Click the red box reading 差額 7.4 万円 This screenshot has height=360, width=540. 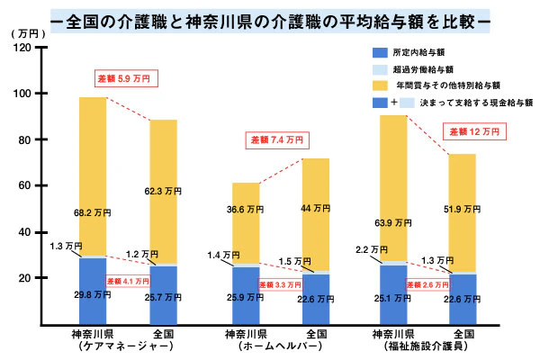[277, 140]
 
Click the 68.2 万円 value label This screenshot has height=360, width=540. [93, 213]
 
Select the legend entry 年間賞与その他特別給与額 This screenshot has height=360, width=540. [450, 86]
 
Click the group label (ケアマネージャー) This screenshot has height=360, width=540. [93, 346]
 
